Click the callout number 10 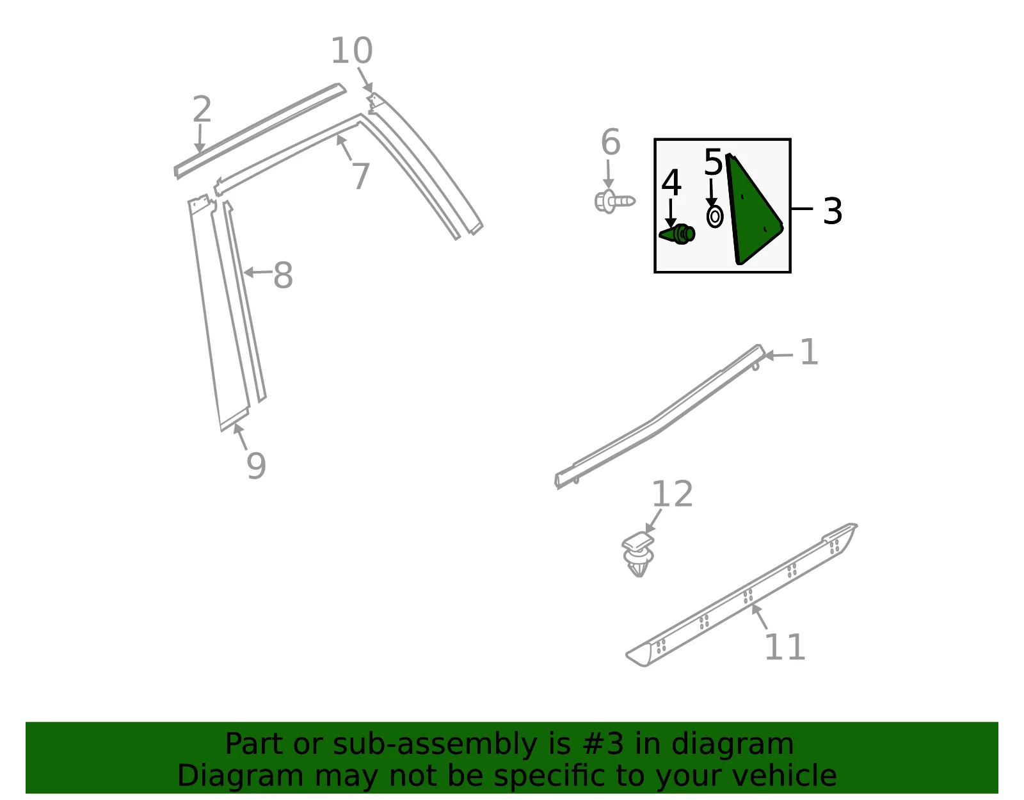click(x=351, y=51)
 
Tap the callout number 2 click(x=202, y=109)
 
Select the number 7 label click(x=361, y=176)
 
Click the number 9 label click(x=257, y=466)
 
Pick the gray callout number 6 click(x=611, y=142)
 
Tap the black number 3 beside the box click(x=832, y=211)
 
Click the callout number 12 click(x=672, y=494)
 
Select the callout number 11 click(x=785, y=648)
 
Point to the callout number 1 click(x=809, y=352)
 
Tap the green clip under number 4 click(x=677, y=234)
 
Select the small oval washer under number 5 click(x=715, y=217)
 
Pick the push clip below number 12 click(x=638, y=555)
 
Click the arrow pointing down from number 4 click(x=671, y=213)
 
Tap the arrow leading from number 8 click(x=258, y=272)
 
